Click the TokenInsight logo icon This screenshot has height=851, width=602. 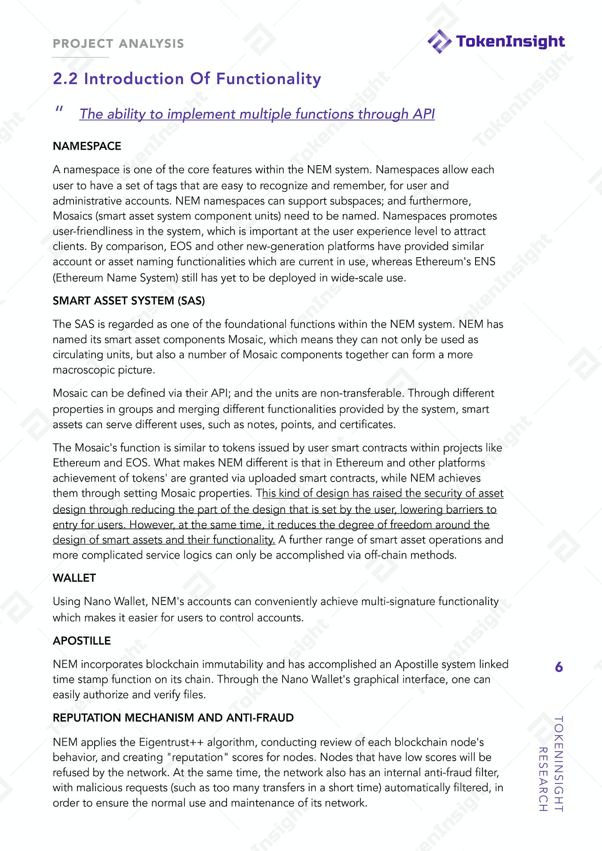tap(439, 41)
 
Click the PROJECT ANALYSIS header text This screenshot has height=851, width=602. tap(118, 43)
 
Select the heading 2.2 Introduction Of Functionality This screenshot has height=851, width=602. tap(187, 79)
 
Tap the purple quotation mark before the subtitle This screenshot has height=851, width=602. tap(59, 110)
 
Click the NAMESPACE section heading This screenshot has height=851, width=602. tap(87, 146)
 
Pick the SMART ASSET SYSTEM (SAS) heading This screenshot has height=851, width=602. tap(129, 301)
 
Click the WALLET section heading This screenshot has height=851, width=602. tap(74, 578)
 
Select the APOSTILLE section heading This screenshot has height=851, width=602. tap(82, 641)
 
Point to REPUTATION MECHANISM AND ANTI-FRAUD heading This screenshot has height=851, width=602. tap(173, 718)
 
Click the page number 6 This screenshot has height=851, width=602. tap(559, 667)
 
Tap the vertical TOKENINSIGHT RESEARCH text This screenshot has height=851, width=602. tap(551, 763)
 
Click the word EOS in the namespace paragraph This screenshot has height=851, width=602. tap(180, 246)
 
